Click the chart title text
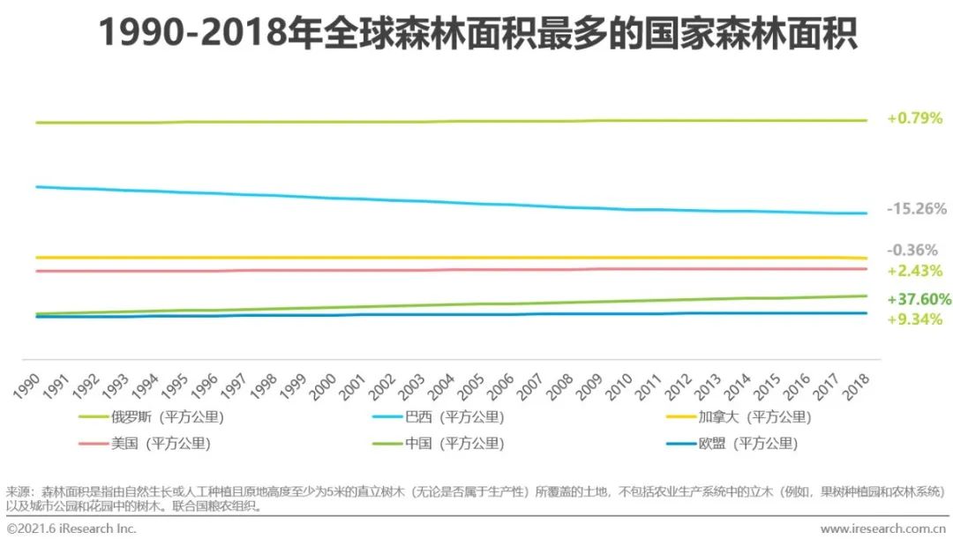[x=476, y=34]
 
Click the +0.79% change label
[x=914, y=118]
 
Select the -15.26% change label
[x=917, y=209]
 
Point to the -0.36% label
[x=912, y=251]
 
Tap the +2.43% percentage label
[x=914, y=270]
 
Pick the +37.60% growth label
[x=919, y=299]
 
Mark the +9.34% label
[x=914, y=318]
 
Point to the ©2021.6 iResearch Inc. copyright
[x=71, y=529]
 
